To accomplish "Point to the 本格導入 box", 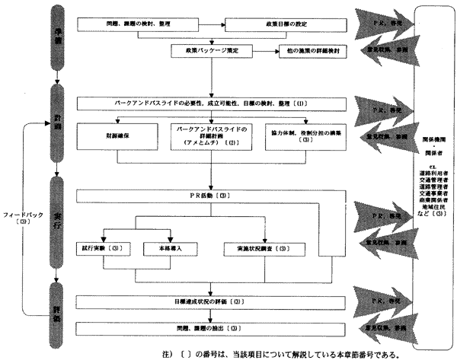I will pos(166,248).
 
